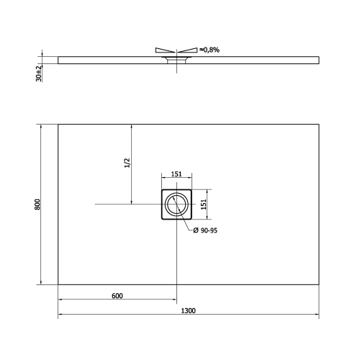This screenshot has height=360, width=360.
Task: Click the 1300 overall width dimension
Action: (189, 310)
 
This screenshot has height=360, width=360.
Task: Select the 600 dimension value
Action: (117, 295)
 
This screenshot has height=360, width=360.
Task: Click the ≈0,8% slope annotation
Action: (210, 49)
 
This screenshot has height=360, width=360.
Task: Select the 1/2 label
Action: (127, 163)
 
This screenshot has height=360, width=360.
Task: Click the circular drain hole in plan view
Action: (176, 205)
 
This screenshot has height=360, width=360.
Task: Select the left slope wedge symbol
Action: (164, 50)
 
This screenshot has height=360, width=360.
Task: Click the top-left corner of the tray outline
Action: (58, 125)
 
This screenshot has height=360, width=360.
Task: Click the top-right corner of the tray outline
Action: (318, 125)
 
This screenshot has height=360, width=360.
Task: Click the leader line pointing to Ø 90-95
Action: (189, 224)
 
